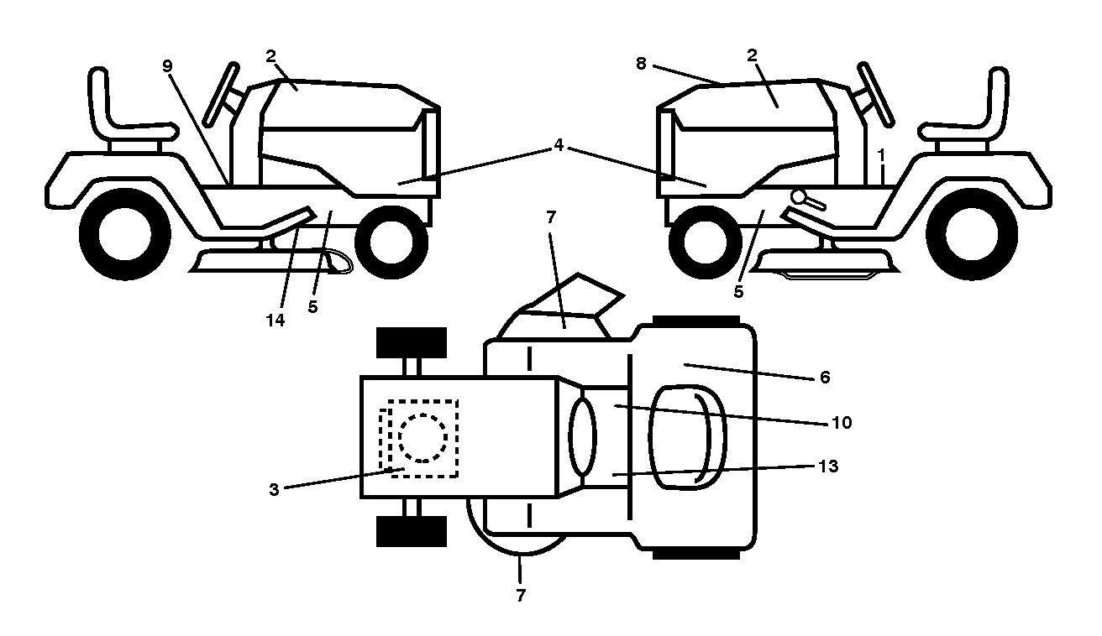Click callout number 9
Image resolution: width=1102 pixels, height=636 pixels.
tap(168, 65)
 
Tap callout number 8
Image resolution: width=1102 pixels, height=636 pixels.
tap(641, 64)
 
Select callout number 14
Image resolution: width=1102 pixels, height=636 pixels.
tap(275, 321)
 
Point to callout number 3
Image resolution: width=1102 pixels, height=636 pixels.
tap(274, 489)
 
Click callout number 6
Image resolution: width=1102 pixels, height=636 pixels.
tap(825, 378)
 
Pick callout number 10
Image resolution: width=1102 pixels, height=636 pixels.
tap(842, 423)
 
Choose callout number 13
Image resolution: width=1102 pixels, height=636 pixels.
tap(828, 466)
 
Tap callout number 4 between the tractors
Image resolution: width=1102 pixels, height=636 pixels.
tap(559, 145)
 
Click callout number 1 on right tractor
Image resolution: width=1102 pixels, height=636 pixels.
tap(881, 155)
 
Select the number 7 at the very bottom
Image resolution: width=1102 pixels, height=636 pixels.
tap(521, 595)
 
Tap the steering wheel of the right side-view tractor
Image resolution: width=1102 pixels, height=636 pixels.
tap(875, 94)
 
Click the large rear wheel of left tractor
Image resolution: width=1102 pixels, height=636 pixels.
tap(125, 234)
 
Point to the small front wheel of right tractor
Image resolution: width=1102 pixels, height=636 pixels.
tap(706, 242)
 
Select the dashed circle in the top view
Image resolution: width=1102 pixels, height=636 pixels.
tap(422, 438)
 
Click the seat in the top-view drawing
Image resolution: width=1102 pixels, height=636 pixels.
tap(687, 437)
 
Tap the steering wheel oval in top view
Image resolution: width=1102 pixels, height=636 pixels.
tap(582, 437)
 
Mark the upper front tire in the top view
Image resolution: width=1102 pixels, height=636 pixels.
tap(412, 342)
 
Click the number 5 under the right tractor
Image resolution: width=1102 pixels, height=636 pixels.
tap(738, 292)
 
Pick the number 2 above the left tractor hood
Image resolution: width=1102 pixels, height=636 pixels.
tap(270, 56)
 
